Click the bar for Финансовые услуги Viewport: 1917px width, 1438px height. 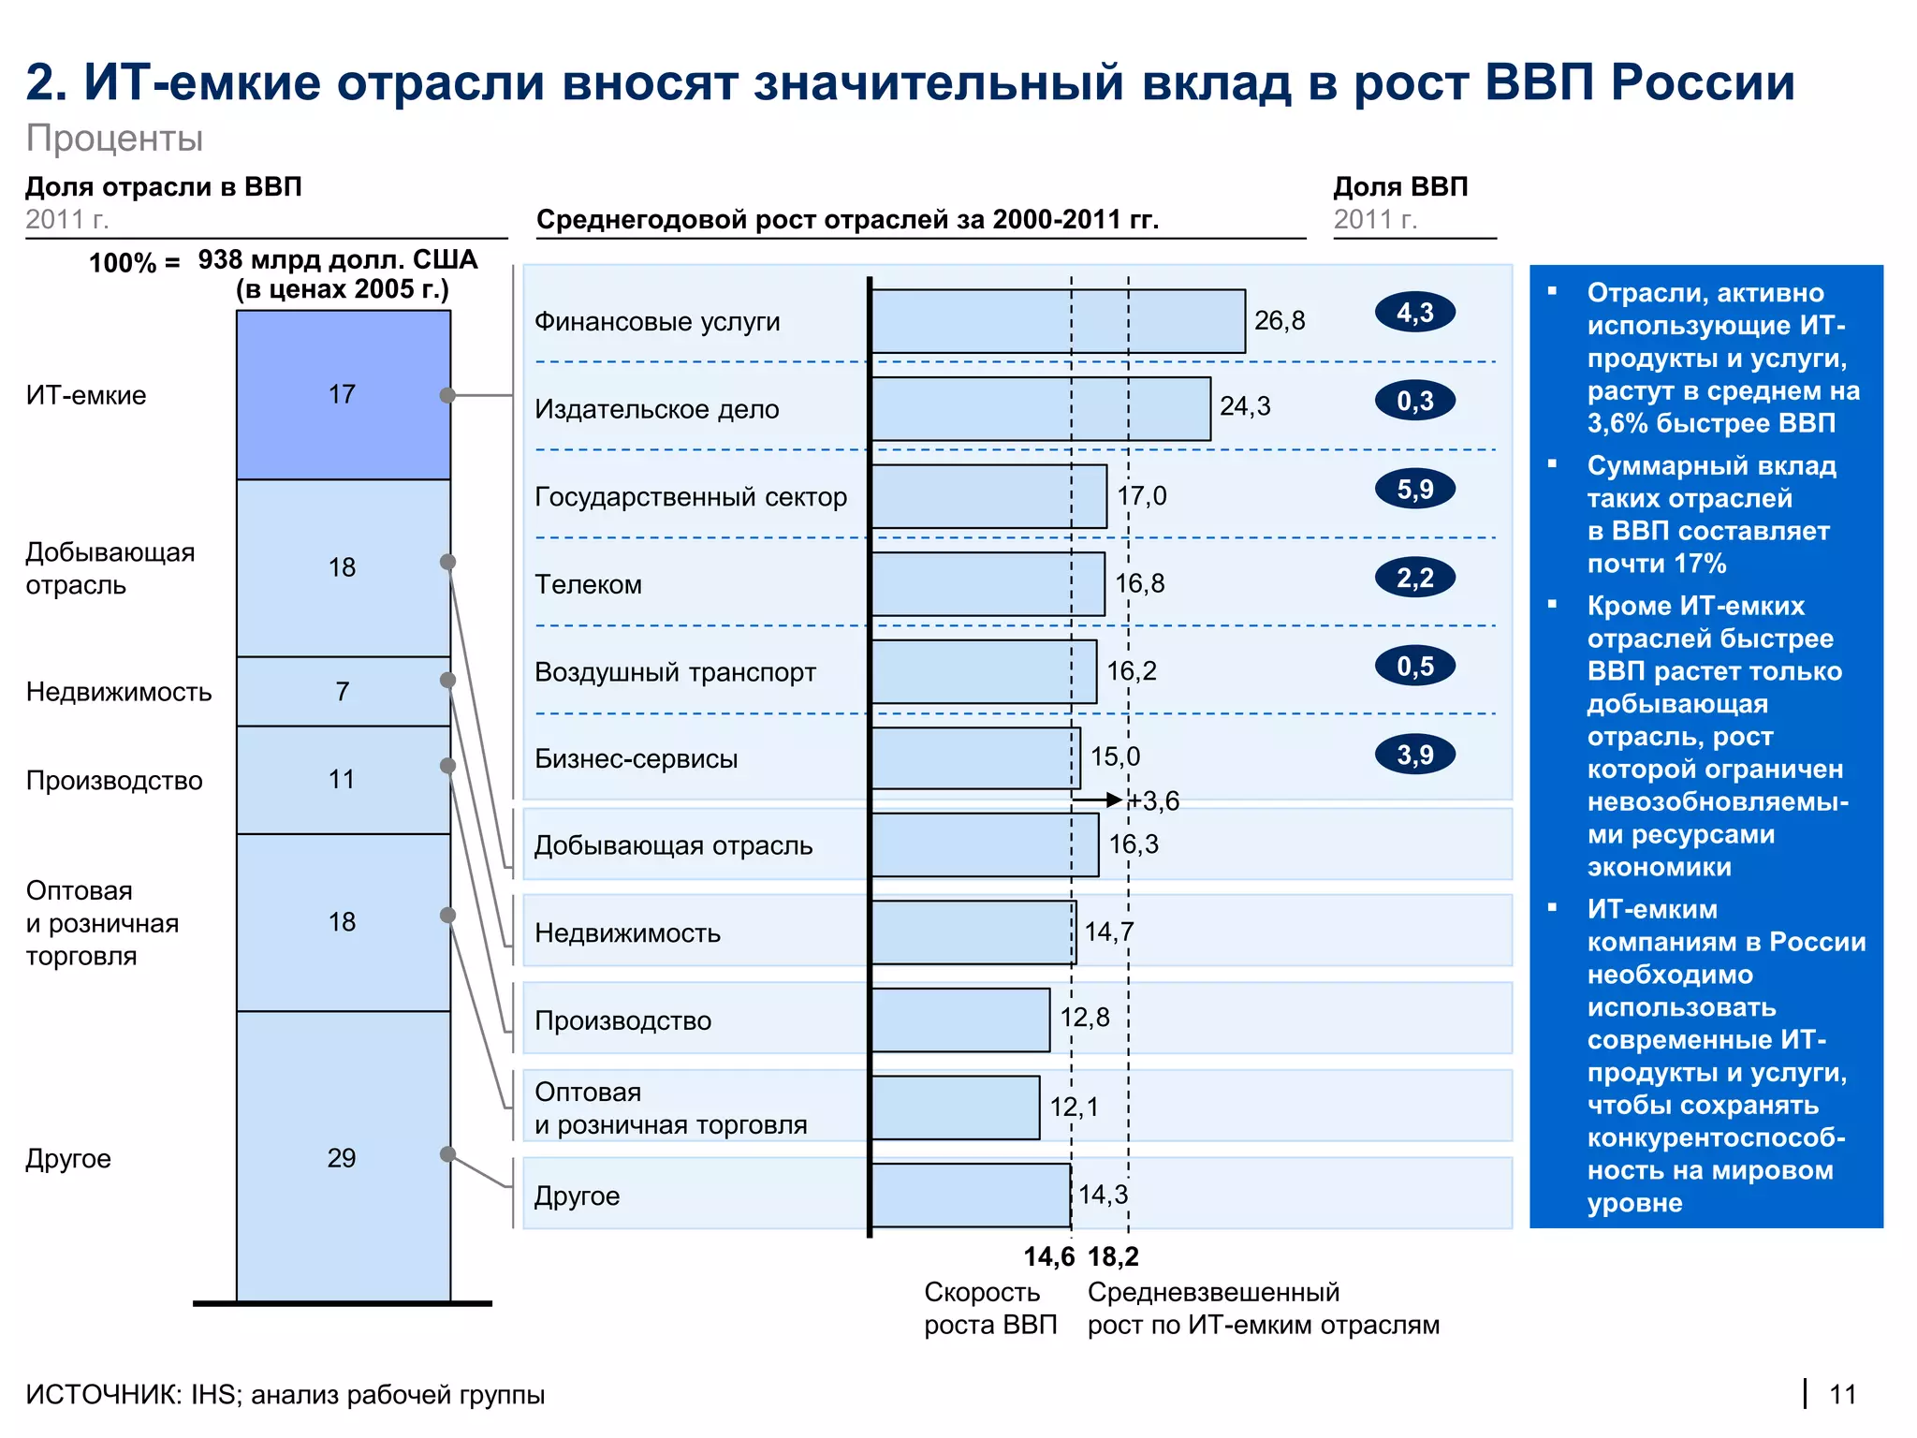coord(1058,321)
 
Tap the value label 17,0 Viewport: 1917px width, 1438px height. coord(1142,496)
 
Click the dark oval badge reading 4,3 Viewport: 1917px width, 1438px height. coord(1414,313)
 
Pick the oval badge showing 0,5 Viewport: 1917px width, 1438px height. coord(1414,667)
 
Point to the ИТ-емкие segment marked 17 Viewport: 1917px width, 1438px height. coord(343,394)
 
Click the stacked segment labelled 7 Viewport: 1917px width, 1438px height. coord(343,692)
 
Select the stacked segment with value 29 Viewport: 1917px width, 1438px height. coord(343,1158)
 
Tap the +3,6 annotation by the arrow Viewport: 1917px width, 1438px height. coord(1153,801)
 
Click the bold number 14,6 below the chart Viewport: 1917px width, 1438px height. coord(1048,1257)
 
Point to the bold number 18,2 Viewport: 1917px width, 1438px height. coord(1113,1257)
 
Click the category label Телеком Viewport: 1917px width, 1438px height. coord(588,585)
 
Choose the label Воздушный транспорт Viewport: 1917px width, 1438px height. coord(675,672)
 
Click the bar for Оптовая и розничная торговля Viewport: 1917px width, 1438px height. coord(955,1108)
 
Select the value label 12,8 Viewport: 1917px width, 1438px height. coord(1085,1018)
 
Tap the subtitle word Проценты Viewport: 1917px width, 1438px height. coord(114,139)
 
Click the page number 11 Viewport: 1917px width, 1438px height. coord(1842,1395)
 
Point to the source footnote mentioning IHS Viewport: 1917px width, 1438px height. coord(285,1395)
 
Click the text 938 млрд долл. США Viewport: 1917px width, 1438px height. coord(338,260)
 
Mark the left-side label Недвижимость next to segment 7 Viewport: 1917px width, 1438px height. coord(119,692)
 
